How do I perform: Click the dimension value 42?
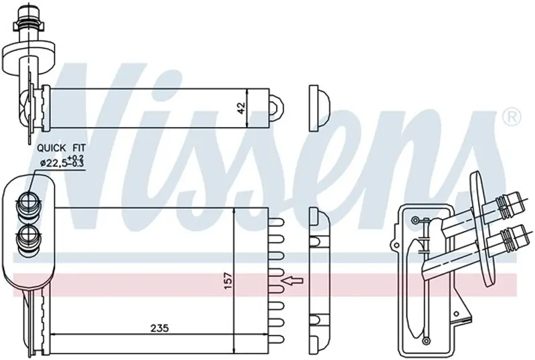[241, 108]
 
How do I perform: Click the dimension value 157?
[228, 280]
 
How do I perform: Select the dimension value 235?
[160, 329]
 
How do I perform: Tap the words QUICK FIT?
[62, 149]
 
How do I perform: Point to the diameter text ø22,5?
[53, 163]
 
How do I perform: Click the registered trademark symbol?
[512, 117]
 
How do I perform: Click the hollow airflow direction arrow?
[292, 281]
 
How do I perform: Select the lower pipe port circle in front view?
[29, 235]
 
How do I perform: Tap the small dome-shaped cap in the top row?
[319, 108]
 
